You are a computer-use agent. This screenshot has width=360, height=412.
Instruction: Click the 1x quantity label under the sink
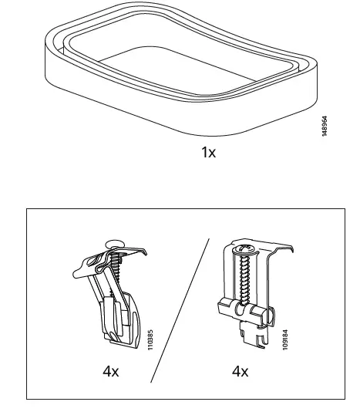(208, 152)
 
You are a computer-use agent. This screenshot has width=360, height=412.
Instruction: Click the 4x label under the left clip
(111, 371)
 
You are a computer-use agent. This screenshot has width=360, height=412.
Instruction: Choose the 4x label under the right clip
(241, 371)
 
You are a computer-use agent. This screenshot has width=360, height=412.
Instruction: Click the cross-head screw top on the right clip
(244, 249)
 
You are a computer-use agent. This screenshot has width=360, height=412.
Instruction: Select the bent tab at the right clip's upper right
(286, 248)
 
